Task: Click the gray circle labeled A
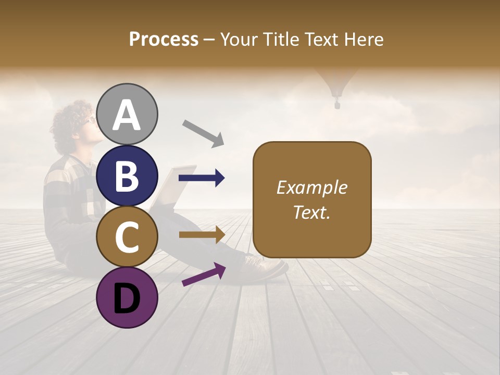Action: (127, 115)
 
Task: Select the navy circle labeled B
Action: (127, 176)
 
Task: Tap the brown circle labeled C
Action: (127, 237)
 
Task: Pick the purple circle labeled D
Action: (127, 298)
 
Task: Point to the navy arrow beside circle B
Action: (202, 178)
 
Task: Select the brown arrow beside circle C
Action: (202, 234)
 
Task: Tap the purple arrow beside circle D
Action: (204, 275)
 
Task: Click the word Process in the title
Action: (164, 40)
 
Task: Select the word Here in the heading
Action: (364, 40)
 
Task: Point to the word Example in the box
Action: (311, 187)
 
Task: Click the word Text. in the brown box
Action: (311, 212)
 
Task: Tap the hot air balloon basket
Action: (337, 105)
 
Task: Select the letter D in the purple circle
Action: (127, 298)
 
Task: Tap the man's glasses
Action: (91, 119)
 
